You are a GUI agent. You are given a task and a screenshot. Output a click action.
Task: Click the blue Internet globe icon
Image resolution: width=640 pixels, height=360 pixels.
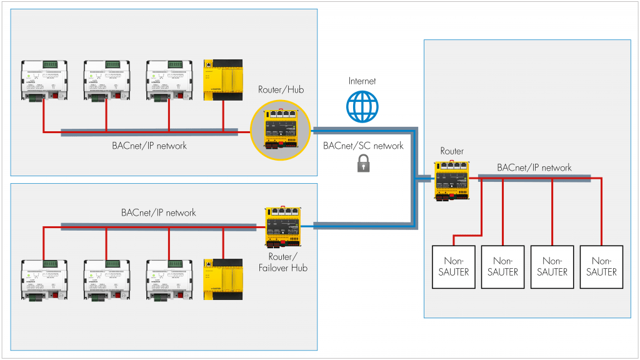pyautogui.click(x=362, y=106)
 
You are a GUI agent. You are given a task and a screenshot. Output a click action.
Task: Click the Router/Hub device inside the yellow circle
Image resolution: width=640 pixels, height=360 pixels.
pyautogui.click(x=281, y=129)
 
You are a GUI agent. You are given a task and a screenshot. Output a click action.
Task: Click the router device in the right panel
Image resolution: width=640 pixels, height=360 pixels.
pyautogui.click(x=452, y=181)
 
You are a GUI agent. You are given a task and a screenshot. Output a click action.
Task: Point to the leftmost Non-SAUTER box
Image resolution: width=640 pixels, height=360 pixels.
pyautogui.click(x=454, y=266)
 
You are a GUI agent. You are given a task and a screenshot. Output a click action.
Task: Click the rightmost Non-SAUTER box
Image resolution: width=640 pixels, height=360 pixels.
pyautogui.click(x=601, y=266)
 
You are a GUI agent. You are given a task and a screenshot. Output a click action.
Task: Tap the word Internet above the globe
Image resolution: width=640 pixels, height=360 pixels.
pyautogui.click(x=362, y=81)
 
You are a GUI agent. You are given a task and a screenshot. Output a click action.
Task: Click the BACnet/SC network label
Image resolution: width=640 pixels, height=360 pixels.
pyautogui.click(x=363, y=146)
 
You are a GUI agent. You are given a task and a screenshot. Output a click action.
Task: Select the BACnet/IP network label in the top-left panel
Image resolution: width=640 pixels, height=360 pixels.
pyautogui.click(x=149, y=146)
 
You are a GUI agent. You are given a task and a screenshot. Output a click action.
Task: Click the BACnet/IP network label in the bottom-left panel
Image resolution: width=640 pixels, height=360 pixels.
pyautogui.click(x=159, y=212)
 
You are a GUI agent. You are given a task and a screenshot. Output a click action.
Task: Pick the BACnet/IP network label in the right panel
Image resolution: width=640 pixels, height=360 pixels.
pyautogui.click(x=534, y=167)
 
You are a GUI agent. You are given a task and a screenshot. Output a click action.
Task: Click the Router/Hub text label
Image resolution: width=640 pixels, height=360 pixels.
pyautogui.click(x=281, y=90)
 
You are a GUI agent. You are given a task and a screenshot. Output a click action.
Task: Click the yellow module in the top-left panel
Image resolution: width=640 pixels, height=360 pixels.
pyautogui.click(x=223, y=79)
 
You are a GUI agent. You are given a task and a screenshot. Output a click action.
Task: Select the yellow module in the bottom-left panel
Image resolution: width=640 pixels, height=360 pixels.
pyautogui.click(x=223, y=280)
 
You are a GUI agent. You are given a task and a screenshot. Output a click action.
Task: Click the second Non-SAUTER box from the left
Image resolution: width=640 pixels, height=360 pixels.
pyautogui.click(x=503, y=266)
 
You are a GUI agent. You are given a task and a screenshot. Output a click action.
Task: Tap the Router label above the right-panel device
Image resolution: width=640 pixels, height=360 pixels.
pyautogui.click(x=452, y=151)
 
